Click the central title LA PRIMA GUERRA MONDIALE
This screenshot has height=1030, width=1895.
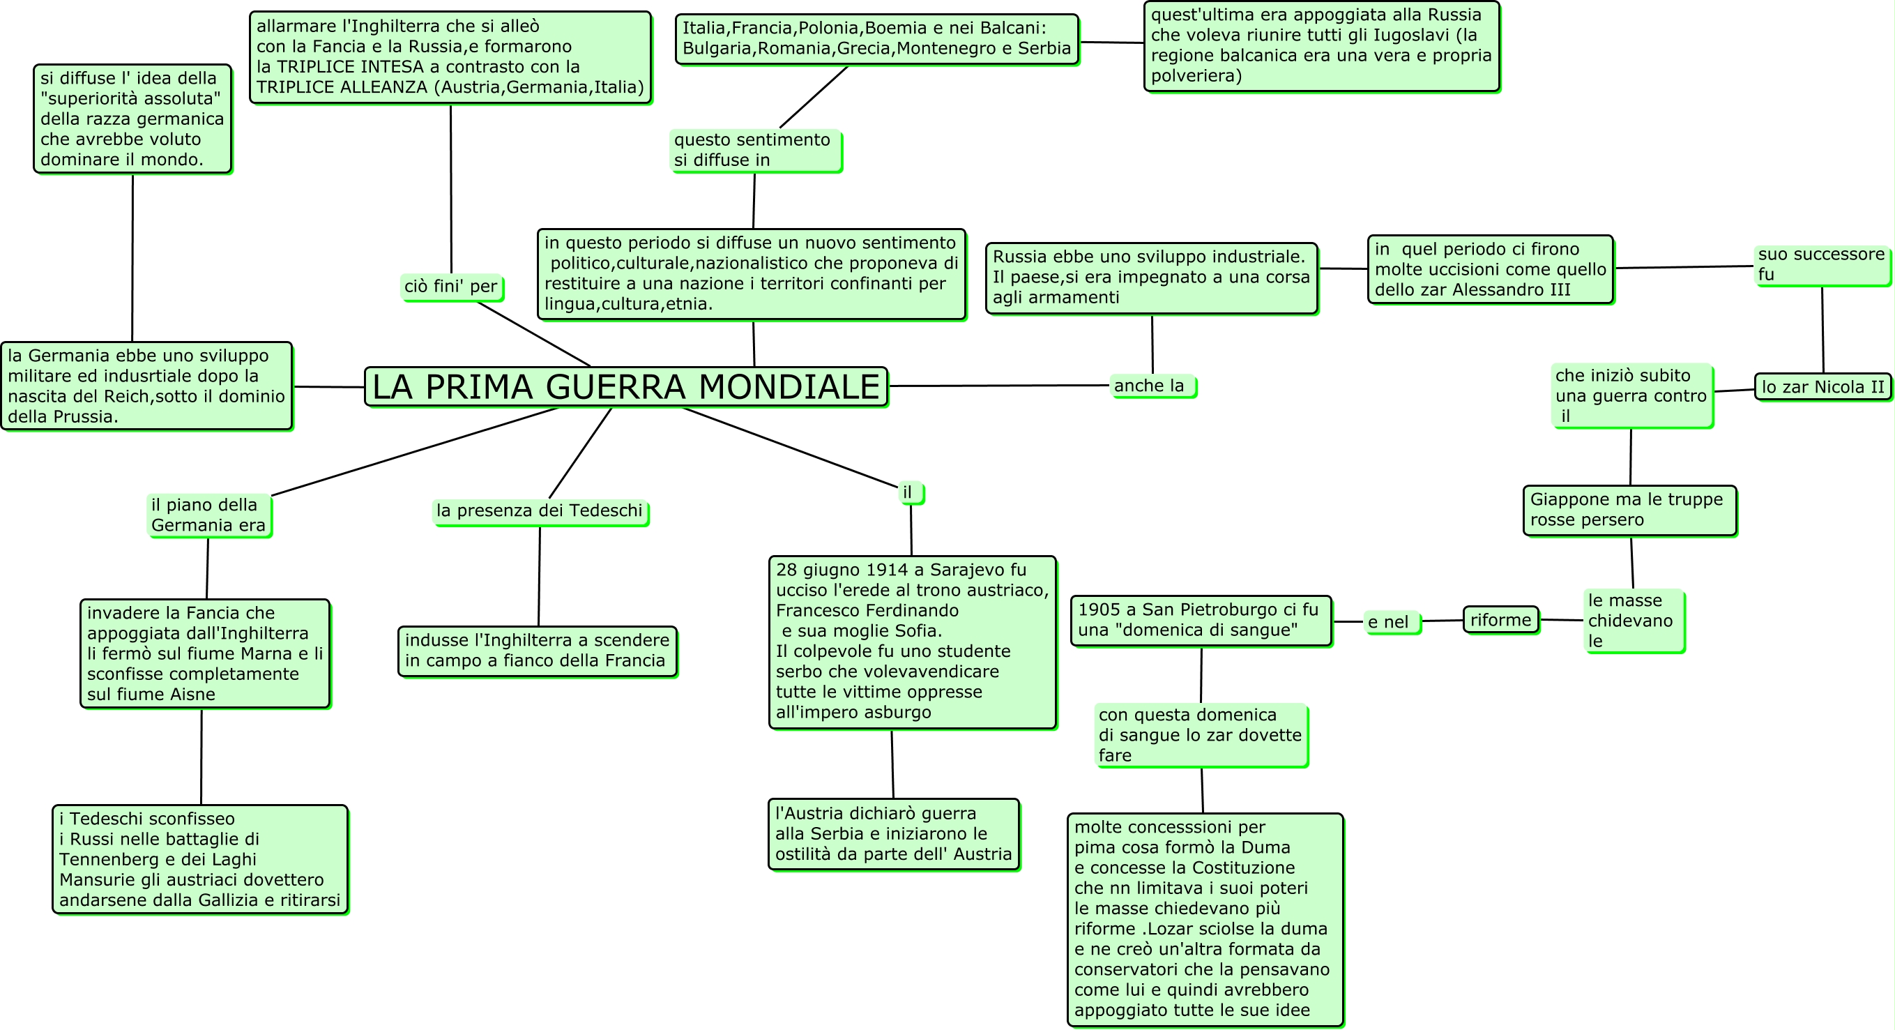click(x=626, y=387)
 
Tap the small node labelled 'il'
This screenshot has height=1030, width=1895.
click(x=910, y=492)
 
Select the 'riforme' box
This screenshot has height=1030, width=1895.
click(x=1500, y=620)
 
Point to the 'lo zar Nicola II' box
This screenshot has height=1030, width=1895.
click(x=1822, y=387)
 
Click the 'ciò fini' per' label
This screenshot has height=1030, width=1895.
click(x=451, y=286)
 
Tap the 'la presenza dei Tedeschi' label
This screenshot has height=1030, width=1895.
click(x=539, y=510)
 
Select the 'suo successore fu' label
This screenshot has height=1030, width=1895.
click(x=1820, y=264)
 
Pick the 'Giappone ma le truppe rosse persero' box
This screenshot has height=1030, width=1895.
click(x=1629, y=510)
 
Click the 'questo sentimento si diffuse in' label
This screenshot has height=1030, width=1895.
click(x=755, y=150)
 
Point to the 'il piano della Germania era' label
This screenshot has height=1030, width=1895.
click(x=208, y=515)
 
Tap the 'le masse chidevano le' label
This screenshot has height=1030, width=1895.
click(x=1632, y=620)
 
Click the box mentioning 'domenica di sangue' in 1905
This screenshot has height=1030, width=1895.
click(x=1200, y=620)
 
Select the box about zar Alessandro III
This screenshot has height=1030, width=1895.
click(x=1490, y=269)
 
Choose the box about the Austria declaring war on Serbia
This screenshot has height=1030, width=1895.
click(x=893, y=833)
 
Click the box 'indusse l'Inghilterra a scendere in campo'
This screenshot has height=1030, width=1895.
click(x=537, y=651)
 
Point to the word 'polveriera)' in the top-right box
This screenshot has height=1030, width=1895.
click(x=1196, y=76)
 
